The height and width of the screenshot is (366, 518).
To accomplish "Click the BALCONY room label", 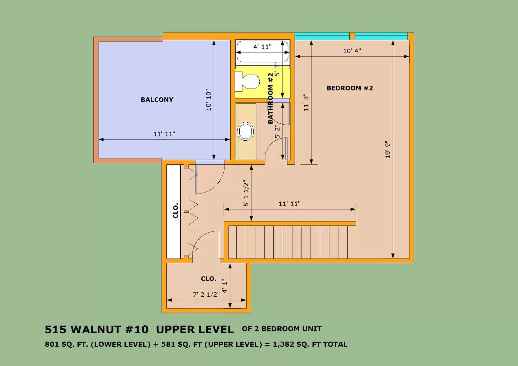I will [x=157, y=100].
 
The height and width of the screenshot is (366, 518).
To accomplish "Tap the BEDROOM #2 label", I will [x=350, y=88].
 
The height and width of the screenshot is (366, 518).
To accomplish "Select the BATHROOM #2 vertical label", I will [x=271, y=98].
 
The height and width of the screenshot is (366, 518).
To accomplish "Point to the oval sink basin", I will [x=245, y=131].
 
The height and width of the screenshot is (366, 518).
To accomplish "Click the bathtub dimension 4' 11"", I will [x=262, y=47].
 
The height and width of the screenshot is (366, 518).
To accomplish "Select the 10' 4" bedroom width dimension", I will [x=352, y=51].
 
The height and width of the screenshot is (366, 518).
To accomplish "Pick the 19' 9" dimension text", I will [x=388, y=150].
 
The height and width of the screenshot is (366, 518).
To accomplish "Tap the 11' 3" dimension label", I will [x=306, y=102].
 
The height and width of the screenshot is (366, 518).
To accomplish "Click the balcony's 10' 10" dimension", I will [x=208, y=100].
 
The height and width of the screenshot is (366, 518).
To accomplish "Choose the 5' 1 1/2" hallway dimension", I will [x=246, y=193].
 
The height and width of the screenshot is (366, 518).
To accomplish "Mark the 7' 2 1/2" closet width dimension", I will [x=206, y=294].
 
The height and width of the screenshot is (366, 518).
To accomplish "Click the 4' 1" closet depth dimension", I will [x=224, y=286].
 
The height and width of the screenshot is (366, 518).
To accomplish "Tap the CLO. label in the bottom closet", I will [x=208, y=279].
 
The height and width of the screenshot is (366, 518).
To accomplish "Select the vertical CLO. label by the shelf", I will [x=176, y=211].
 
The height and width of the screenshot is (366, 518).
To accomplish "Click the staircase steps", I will [x=288, y=242].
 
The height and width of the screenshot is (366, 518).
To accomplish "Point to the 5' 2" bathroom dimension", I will [x=278, y=131].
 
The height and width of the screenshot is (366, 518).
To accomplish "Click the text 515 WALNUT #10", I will [x=97, y=329].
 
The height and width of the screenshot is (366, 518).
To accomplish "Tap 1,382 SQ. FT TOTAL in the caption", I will [x=310, y=344].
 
